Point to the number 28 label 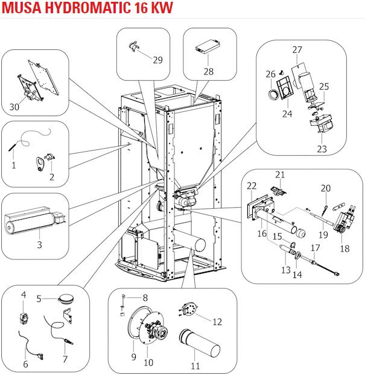[x=209, y=71]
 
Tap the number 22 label [x=252, y=187]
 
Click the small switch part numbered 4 [x=24, y=314]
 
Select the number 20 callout [x=326, y=188]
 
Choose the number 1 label [x=13, y=165]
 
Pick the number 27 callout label [x=297, y=49]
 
